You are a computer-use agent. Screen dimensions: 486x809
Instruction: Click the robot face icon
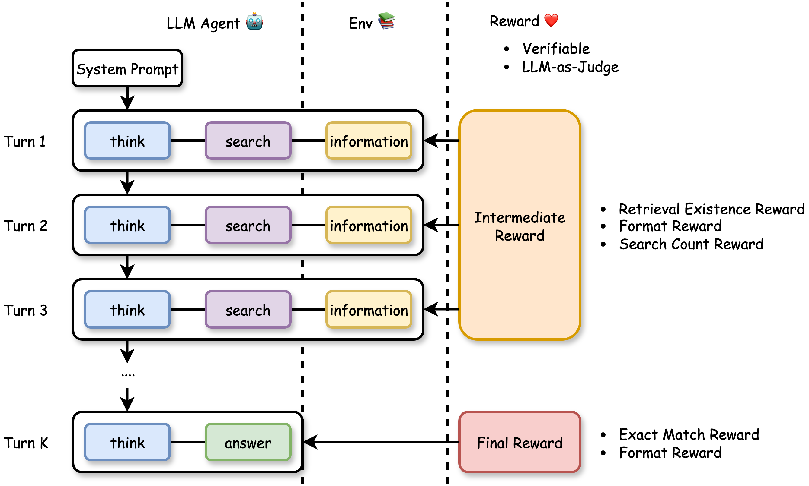[x=254, y=21]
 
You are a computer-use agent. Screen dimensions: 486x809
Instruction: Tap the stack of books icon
[x=386, y=21]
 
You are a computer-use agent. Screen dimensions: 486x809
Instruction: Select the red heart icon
[x=551, y=21]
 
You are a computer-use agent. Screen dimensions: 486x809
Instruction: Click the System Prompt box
[x=127, y=68]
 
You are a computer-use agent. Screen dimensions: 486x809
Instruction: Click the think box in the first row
[x=127, y=141]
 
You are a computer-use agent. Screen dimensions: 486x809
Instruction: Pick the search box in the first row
[x=248, y=141]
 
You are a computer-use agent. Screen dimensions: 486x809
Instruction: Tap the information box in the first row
[x=369, y=141]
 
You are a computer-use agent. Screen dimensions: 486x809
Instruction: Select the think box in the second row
[x=127, y=225]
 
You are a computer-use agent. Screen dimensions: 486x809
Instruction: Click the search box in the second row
[x=248, y=225]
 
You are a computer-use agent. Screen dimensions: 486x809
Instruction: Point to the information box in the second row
[x=369, y=225]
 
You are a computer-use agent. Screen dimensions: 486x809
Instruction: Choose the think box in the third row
[x=127, y=310]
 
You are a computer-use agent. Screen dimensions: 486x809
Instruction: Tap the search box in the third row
[x=248, y=310]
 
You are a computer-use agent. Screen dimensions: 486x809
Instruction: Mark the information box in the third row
[x=369, y=310]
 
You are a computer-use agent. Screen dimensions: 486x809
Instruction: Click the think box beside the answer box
[x=127, y=442]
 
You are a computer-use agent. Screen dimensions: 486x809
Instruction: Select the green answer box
[x=248, y=442]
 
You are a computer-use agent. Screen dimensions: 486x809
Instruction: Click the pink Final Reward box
[x=520, y=442]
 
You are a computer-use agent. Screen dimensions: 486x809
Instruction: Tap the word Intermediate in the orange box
[x=520, y=217]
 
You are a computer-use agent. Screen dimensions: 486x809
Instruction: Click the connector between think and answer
[x=187, y=442]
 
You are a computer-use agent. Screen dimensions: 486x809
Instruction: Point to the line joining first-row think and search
[x=187, y=140]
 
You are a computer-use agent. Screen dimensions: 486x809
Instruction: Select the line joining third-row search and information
[x=308, y=309]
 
